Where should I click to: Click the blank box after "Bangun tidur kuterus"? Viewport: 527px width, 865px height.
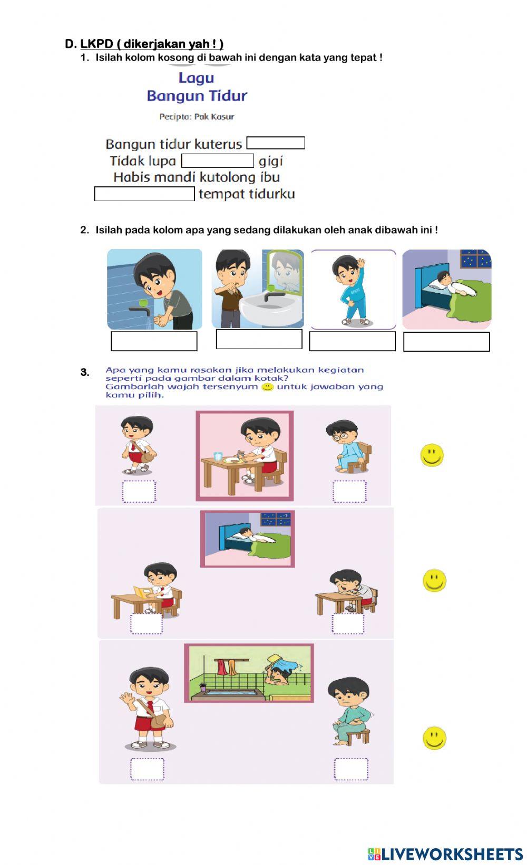click(276, 143)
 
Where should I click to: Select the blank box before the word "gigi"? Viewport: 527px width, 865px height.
click(218, 161)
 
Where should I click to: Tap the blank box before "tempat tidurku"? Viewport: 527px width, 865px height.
click(144, 194)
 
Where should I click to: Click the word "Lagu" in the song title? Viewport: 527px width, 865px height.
click(196, 78)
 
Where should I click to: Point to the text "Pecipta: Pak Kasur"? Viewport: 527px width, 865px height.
click(197, 116)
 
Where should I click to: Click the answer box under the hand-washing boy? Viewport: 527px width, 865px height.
click(154, 341)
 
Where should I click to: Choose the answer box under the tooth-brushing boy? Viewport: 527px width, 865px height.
click(259, 339)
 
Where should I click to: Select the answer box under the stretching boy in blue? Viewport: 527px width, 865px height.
click(352, 341)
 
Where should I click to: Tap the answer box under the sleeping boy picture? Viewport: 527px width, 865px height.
click(446, 342)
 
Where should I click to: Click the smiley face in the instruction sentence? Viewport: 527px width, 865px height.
click(268, 387)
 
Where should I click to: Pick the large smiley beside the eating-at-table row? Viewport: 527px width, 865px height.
click(432, 455)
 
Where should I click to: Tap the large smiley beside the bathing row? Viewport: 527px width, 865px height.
click(434, 738)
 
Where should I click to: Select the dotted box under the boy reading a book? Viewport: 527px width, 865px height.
click(147, 623)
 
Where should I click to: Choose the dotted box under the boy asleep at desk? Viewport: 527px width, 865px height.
click(348, 623)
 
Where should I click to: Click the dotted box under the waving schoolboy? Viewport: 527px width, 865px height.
click(147, 769)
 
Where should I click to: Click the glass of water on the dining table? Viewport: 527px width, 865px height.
click(218, 456)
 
